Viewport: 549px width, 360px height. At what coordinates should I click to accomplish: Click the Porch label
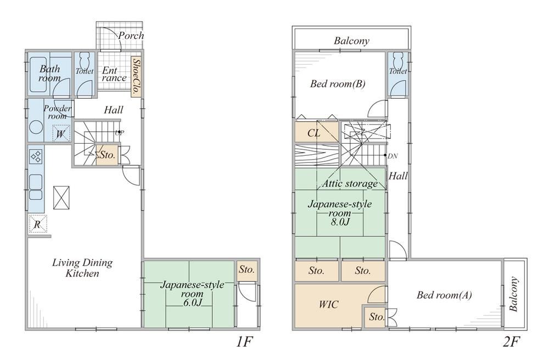(x=131, y=35)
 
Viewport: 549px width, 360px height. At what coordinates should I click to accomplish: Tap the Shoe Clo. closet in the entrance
(x=136, y=77)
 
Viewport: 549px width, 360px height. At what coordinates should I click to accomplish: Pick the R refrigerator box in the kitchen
(x=37, y=224)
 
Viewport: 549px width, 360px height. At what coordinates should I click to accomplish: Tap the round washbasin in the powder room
(x=36, y=127)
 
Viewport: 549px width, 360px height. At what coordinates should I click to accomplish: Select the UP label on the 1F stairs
(x=119, y=133)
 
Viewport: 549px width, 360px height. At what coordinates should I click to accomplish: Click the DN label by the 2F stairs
(x=393, y=156)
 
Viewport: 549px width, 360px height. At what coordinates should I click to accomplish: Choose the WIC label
(x=329, y=305)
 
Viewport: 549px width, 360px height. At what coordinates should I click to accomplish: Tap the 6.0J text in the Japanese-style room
(x=193, y=302)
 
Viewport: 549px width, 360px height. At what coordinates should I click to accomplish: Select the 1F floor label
(x=244, y=341)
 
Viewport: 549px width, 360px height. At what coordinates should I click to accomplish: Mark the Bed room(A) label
(x=444, y=295)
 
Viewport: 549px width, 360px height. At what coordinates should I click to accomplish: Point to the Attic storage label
(x=350, y=183)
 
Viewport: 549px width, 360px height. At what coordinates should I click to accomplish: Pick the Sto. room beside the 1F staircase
(x=108, y=154)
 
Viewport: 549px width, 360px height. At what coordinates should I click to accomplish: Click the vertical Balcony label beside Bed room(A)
(x=513, y=294)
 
